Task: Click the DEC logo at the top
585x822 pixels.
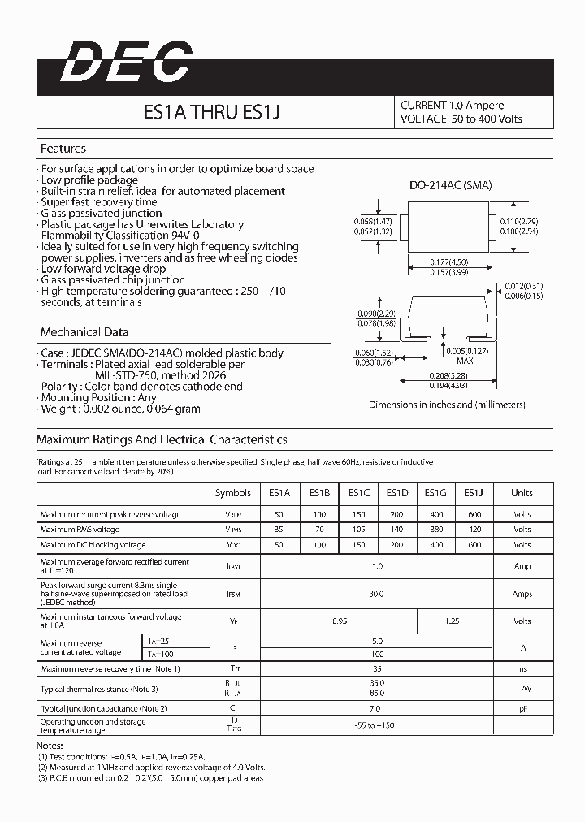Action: [x=127, y=63]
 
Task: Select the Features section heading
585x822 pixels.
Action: [x=63, y=149]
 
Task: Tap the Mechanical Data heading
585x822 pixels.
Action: [x=84, y=332]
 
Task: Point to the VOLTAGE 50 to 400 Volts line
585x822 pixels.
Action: [x=461, y=119]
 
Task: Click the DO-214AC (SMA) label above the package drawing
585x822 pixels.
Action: [x=450, y=185]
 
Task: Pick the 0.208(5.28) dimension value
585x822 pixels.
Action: [x=447, y=376]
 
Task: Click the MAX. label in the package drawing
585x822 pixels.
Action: [x=465, y=360]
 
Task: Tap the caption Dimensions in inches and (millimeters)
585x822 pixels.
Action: [x=447, y=404]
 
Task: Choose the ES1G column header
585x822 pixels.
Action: [x=436, y=492]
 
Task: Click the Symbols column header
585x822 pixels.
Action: [x=232, y=492]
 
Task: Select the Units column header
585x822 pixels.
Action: [x=522, y=492]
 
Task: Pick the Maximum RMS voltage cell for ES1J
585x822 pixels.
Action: [x=474, y=529]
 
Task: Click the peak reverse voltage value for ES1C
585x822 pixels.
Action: [x=358, y=514]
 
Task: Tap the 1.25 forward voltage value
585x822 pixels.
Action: [x=454, y=621]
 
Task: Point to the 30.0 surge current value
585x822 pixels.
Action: [x=376, y=594]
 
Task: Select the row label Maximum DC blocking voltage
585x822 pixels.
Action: [x=93, y=544]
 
